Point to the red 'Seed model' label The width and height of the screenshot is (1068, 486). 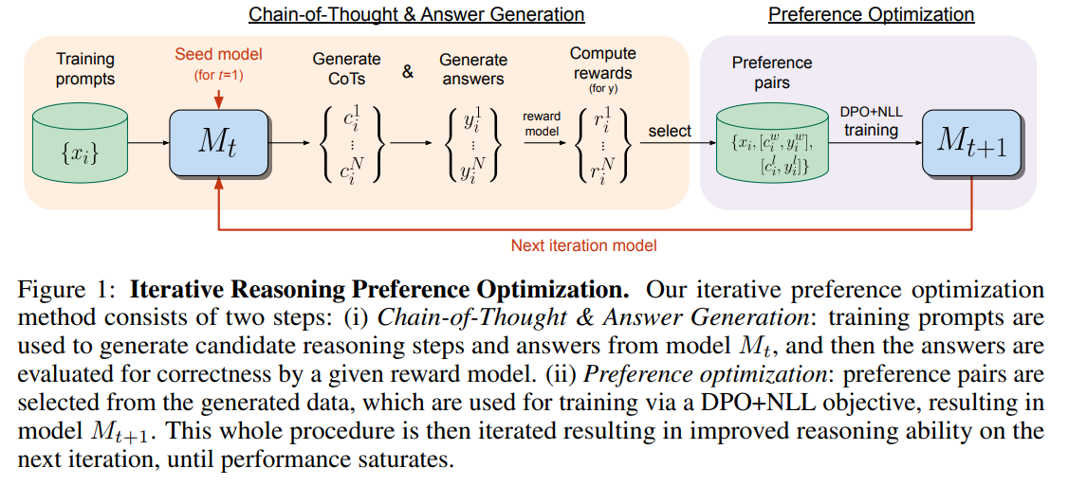point(218,54)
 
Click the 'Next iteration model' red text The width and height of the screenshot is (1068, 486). point(583,245)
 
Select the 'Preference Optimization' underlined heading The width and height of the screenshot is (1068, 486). point(871,14)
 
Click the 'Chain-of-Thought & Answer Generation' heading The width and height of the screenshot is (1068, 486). point(416,14)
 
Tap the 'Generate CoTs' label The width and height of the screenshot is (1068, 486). point(346,69)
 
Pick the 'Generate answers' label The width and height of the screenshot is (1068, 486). point(474,69)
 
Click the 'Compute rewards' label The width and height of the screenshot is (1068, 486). point(603,63)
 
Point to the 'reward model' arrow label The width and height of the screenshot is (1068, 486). point(542,124)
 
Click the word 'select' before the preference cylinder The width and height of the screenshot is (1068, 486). point(670,131)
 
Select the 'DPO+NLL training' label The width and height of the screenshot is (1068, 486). point(871,120)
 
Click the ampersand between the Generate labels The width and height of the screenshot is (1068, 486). point(408,70)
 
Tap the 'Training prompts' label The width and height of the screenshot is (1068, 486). point(84,69)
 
